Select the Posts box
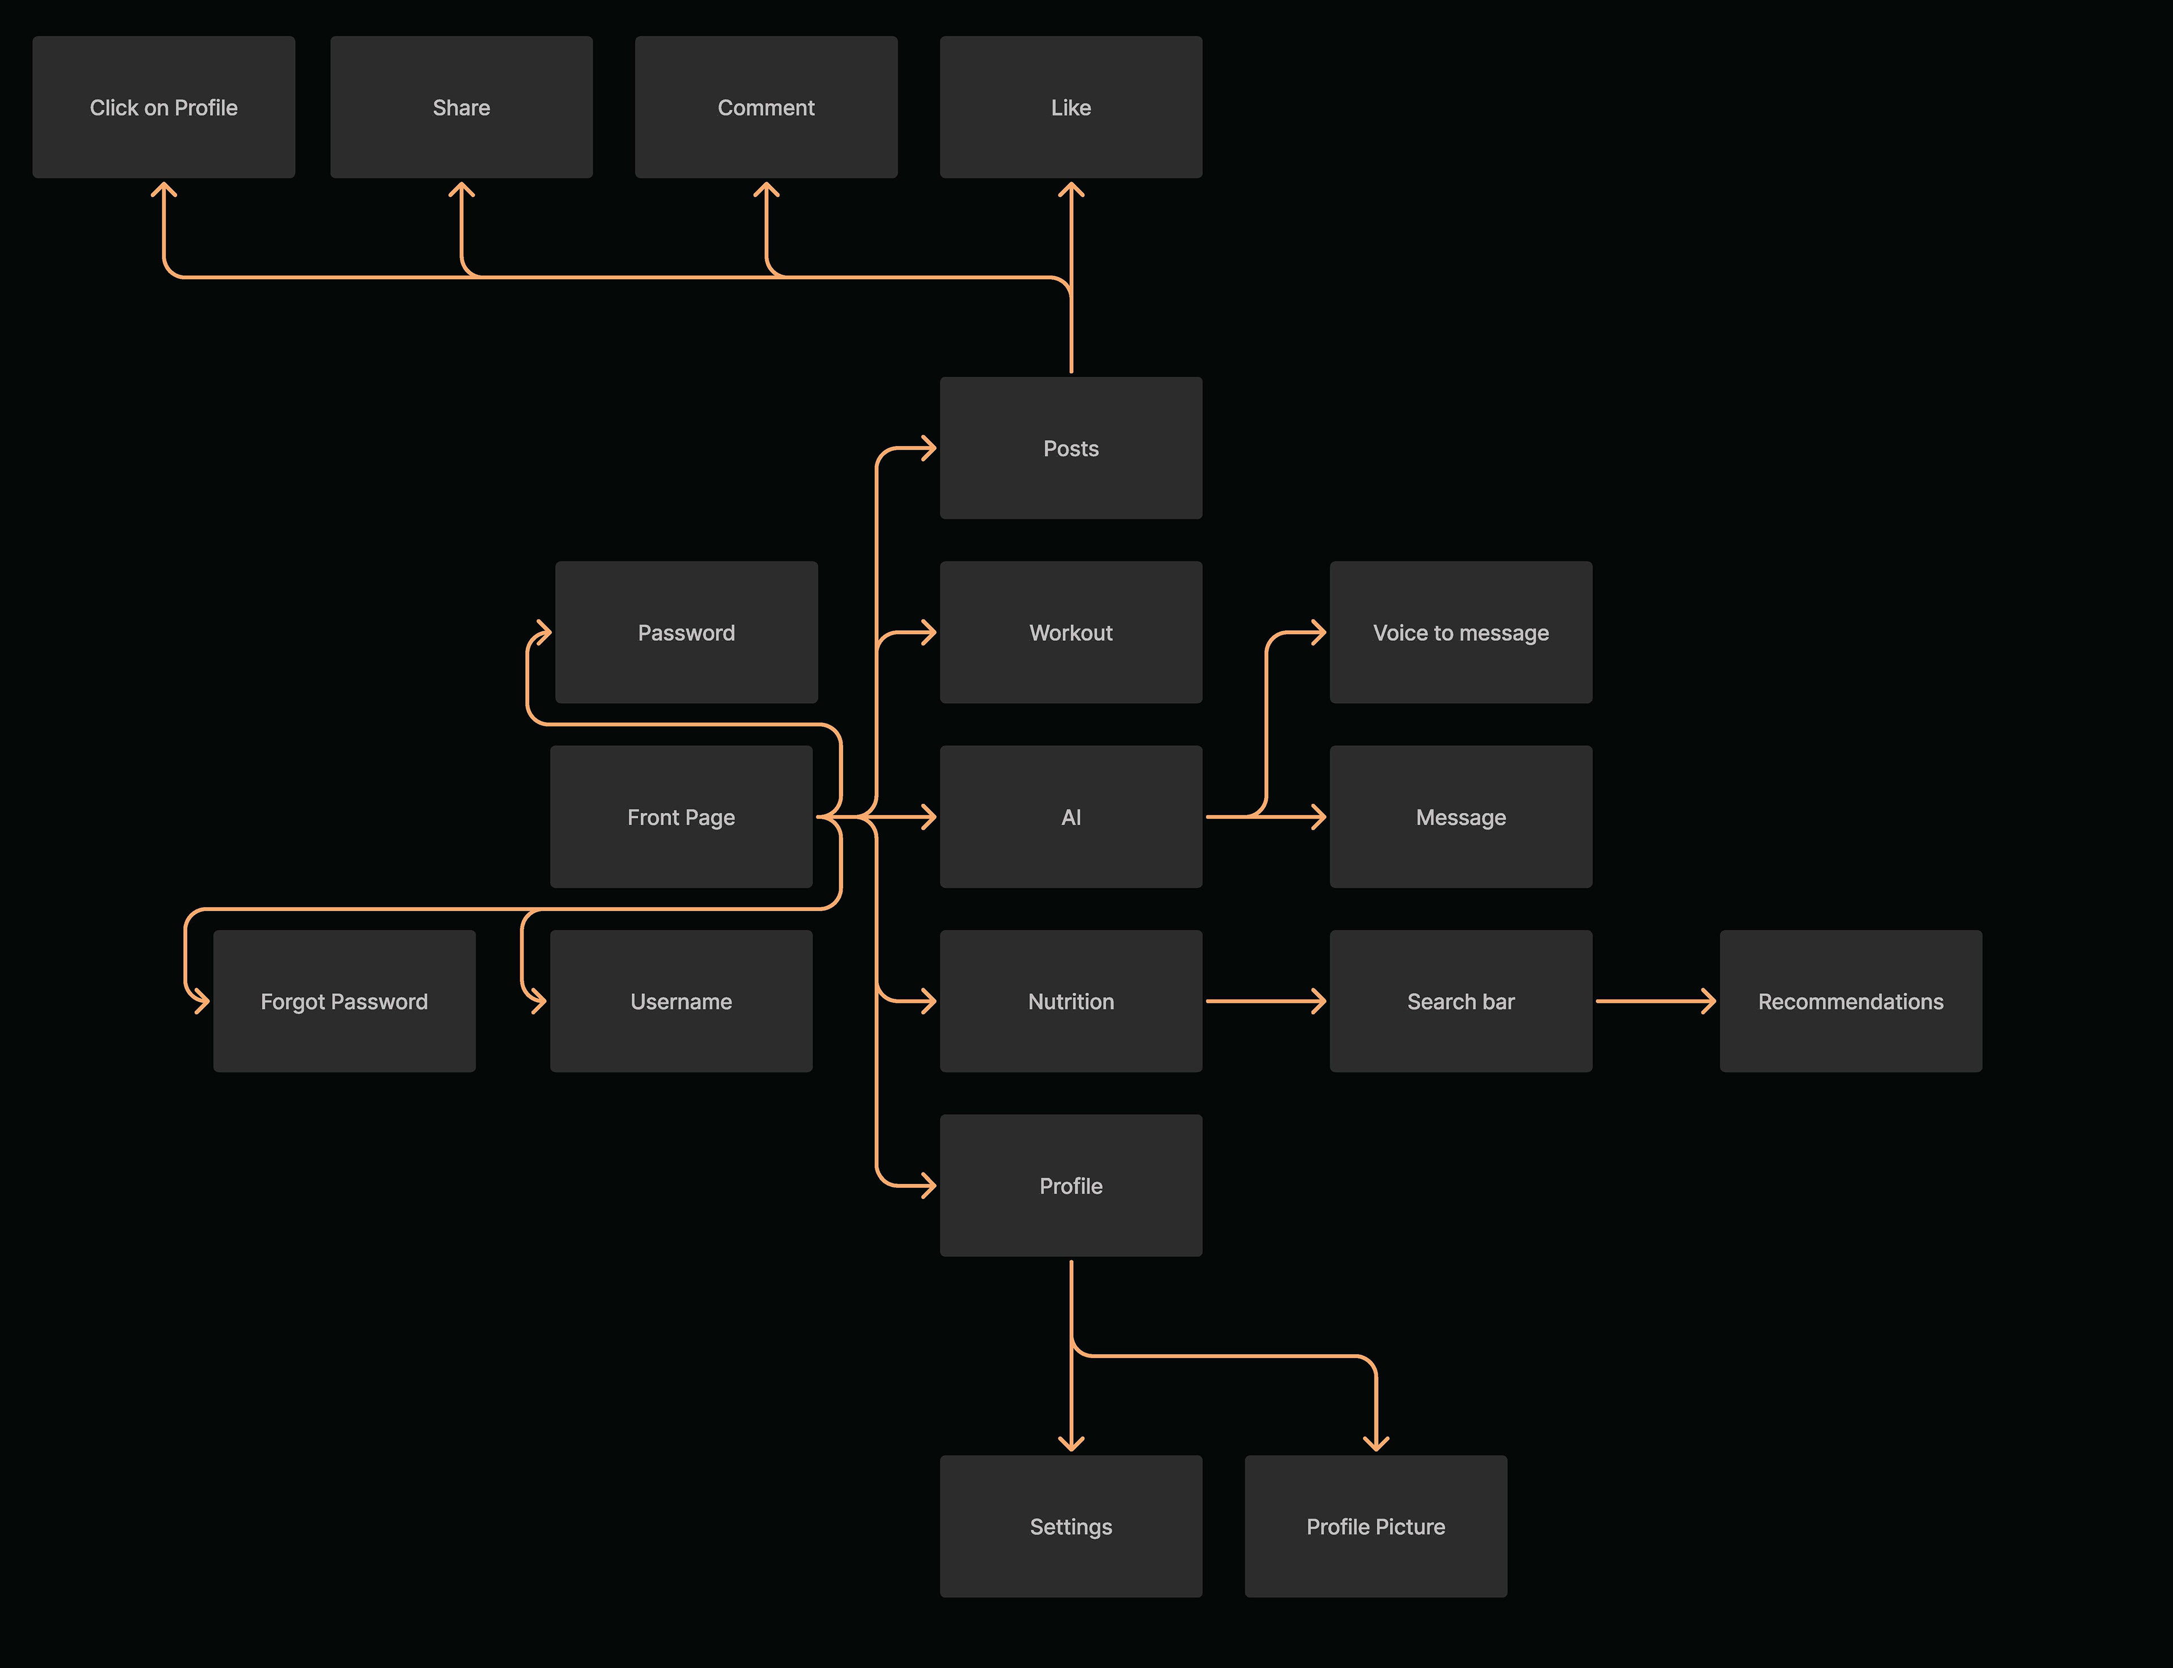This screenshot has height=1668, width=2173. tap(1071, 448)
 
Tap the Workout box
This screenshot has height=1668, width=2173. tap(1071, 632)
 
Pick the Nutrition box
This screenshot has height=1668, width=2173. tap(1071, 1001)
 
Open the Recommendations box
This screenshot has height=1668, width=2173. tap(1850, 1001)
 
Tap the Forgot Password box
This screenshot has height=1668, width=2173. tap(343, 1001)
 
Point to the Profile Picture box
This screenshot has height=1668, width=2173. tap(1376, 1526)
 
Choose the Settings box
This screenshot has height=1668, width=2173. tap(1071, 1526)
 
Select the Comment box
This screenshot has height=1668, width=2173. tap(766, 107)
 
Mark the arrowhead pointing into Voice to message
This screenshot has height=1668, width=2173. tap(1319, 632)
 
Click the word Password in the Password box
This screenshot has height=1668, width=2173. tap(686, 632)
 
